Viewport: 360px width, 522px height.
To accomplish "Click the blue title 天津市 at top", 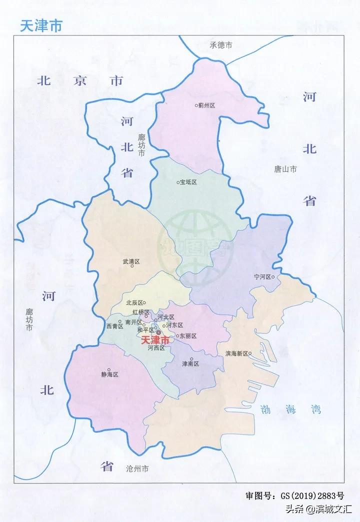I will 41,26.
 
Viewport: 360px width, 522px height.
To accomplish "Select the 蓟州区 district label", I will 206,106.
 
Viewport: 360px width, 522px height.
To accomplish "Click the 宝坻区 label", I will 189,183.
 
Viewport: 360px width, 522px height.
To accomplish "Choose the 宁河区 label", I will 261,277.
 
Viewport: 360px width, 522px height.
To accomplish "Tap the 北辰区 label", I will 134,303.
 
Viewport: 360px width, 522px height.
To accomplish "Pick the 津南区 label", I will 190,364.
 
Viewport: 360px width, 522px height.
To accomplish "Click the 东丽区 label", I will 188,336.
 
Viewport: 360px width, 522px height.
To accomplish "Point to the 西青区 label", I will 114,326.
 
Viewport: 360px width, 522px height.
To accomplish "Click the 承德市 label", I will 220,46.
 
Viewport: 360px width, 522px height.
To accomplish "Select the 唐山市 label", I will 285,170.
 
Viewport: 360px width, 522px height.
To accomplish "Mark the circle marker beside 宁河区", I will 273,277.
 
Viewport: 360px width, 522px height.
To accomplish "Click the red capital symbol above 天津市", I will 158,332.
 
